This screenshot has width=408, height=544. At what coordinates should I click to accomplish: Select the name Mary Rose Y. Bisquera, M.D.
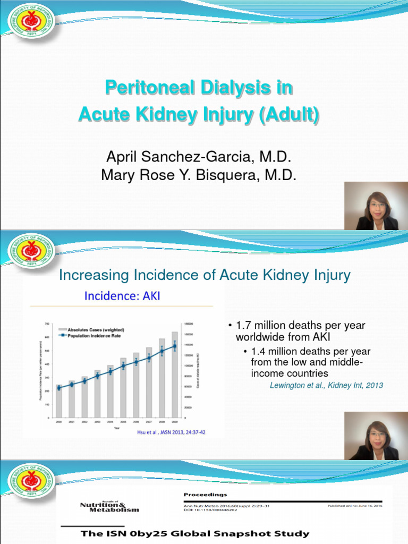tap(199, 175)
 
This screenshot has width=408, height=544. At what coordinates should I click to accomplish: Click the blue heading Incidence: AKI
tap(122, 295)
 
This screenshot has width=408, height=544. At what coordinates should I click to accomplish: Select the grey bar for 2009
tap(175, 375)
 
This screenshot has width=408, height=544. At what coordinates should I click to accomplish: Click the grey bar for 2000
tap(58, 401)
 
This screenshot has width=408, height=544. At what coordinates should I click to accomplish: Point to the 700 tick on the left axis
tap(47, 324)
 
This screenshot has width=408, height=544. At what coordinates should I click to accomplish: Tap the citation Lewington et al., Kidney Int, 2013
tap(326, 385)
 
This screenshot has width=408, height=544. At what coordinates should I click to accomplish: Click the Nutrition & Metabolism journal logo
tap(109, 505)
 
